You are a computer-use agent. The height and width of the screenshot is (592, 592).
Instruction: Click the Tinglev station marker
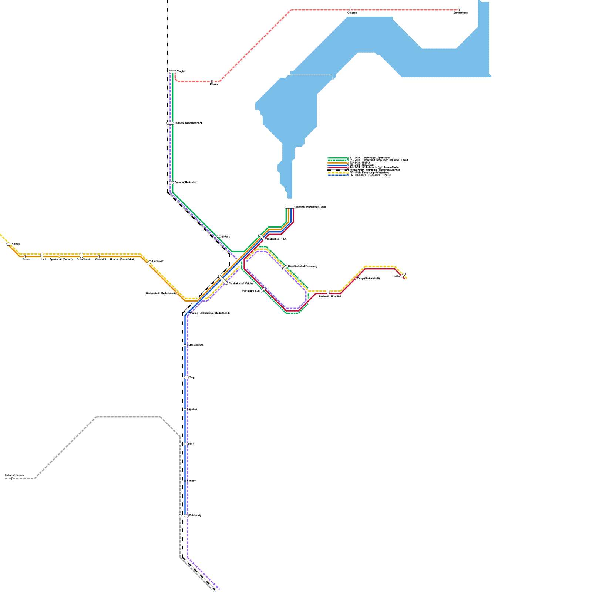pos(172,71)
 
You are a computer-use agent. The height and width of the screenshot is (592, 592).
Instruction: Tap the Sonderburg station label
pos(460,13)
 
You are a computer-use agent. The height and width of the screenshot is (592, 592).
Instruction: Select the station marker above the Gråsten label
pos(350,10)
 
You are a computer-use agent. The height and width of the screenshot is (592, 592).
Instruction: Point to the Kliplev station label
pos(214,84)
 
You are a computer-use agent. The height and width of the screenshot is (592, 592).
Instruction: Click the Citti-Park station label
pos(225,236)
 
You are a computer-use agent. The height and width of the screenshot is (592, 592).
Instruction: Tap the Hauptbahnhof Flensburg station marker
pos(285,268)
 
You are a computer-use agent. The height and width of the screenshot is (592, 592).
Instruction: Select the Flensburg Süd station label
pos(251,291)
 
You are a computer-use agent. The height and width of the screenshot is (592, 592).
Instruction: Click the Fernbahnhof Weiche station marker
pos(223,280)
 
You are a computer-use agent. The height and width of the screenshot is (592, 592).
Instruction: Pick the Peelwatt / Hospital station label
pos(330,296)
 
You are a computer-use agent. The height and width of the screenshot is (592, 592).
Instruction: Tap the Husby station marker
pos(403,275)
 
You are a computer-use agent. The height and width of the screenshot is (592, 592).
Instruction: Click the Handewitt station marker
pos(149,263)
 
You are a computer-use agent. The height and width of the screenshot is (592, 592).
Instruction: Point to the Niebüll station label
pos(16,244)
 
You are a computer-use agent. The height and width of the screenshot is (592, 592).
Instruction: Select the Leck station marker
pos(42,255)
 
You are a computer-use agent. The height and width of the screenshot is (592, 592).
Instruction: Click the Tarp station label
pos(192,377)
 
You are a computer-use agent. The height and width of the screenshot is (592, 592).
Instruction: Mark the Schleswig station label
pos(195,515)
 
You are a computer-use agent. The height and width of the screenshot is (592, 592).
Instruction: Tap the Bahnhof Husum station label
pos(14,475)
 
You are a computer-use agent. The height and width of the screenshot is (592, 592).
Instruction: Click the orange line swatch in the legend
pos(338,162)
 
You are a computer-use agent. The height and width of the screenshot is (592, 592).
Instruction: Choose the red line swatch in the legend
pos(338,168)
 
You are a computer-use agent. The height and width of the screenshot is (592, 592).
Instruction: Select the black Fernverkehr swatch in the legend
pos(338,170)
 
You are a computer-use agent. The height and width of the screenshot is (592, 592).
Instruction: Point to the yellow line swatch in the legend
pos(338,172)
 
